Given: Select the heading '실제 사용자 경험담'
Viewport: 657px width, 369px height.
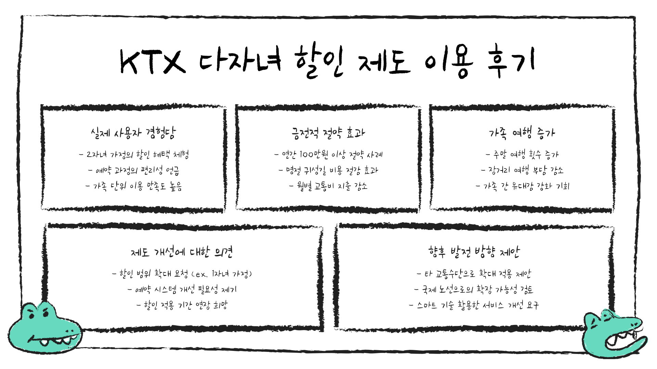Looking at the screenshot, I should click(133, 133).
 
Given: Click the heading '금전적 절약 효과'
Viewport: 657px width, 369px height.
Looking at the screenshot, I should click(328, 133).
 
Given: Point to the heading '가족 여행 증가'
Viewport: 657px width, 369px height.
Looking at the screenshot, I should click(522, 133).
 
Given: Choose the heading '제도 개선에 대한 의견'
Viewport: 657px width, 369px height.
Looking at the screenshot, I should click(182, 252).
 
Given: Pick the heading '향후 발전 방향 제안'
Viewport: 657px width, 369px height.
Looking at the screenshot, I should click(474, 252).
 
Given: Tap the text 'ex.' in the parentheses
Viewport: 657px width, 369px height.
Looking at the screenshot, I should click(201, 274).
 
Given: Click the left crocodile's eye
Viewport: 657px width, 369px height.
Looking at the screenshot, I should click(32, 315).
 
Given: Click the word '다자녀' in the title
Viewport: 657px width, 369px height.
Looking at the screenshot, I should click(240, 61).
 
